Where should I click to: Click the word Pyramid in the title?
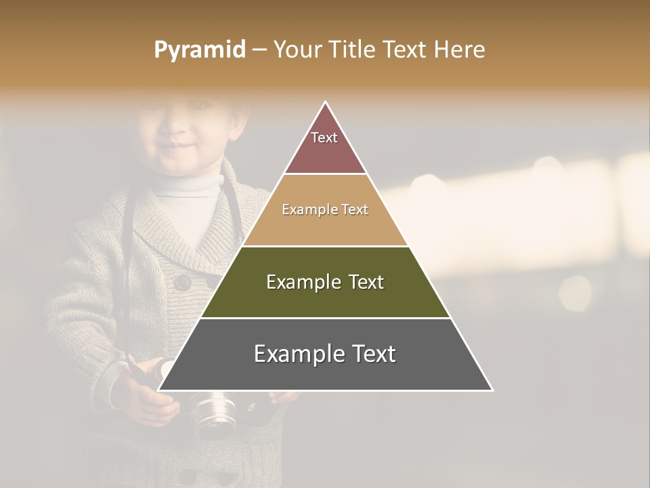[x=200, y=50]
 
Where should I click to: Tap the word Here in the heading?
[x=459, y=50]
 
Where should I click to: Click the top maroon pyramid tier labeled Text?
[x=325, y=146]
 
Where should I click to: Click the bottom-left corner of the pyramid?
[x=159, y=390]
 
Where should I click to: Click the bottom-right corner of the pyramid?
[x=492, y=390]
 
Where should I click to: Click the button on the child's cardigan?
[x=183, y=282]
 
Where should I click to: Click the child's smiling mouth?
[x=181, y=146]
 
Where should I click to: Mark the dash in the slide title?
[x=259, y=50]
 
